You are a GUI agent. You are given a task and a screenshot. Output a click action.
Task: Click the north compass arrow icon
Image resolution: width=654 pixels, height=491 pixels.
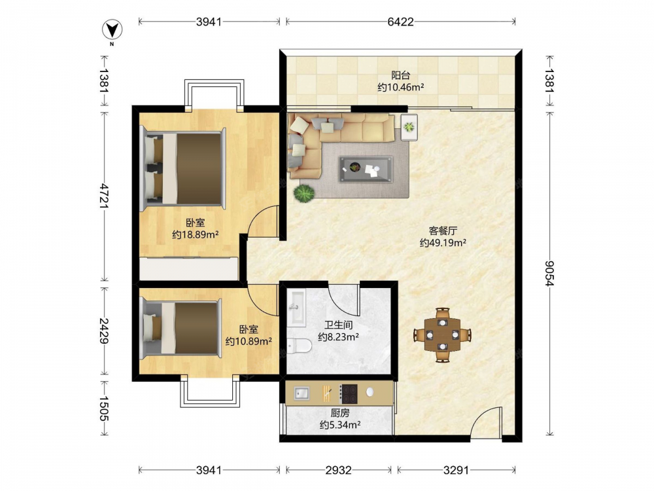pyautogui.click(x=112, y=30)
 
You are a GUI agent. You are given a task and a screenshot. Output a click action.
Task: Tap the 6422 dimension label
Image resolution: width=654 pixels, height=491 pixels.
pyautogui.click(x=400, y=22)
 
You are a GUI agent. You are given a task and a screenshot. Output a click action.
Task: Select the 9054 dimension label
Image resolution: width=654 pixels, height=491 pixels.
pyautogui.click(x=550, y=274)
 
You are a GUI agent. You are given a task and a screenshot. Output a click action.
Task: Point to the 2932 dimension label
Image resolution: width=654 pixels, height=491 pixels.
pyautogui.click(x=338, y=470)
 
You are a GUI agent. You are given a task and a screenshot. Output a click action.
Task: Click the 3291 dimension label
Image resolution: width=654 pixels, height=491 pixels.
pyautogui.click(x=456, y=470)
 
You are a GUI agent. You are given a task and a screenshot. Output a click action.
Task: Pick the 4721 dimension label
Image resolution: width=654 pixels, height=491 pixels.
pyautogui.click(x=104, y=196)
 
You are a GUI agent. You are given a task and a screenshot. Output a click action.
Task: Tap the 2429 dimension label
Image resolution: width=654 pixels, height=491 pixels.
pyautogui.click(x=104, y=331)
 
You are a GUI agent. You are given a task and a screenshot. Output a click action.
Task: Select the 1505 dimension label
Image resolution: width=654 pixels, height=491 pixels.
pyautogui.click(x=104, y=409)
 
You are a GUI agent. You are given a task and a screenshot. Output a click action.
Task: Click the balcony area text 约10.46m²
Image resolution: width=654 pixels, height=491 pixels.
pyautogui.click(x=401, y=87)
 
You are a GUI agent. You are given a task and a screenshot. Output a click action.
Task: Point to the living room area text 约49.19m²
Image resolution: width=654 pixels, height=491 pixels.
pyautogui.click(x=443, y=243)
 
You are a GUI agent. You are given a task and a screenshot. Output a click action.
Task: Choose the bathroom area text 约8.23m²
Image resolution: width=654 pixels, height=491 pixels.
pyautogui.click(x=339, y=336)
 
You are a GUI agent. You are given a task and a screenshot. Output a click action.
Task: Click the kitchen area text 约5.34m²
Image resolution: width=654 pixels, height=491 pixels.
pyautogui.click(x=340, y=425)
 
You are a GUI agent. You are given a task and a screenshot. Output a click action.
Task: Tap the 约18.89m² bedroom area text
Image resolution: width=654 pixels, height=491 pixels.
pyautogui.click(x=196, y=234)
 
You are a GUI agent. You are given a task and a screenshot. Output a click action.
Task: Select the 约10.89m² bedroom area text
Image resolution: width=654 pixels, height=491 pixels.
pyautogui.click(x=249, y=342)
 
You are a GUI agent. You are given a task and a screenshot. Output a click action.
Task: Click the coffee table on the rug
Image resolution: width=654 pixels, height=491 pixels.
pyautogui.click(x=366, y=169)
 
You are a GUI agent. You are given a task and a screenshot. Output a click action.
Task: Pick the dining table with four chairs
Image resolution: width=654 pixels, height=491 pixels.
pyautogui.click(x=443, y=335)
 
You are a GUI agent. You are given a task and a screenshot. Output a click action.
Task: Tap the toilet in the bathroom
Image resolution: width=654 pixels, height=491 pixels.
pyautogui.click(x=300, y=346)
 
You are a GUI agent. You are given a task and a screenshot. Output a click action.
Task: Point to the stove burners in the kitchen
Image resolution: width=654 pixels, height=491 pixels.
pyautogui.click(x=349, y=393)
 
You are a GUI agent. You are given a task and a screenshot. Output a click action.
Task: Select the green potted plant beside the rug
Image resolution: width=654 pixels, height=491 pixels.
pyautogui.click(x=303, y=193)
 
